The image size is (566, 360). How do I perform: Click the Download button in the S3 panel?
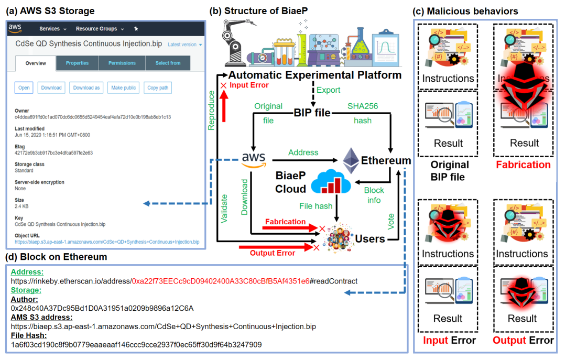51,88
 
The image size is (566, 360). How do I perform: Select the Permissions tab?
122,63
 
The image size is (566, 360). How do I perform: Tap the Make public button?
123,88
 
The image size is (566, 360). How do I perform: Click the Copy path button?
157,88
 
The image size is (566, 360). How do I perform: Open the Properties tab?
77,63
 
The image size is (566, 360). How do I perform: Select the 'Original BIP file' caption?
449,171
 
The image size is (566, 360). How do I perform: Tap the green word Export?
329,90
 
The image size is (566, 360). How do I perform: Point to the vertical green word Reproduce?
211,111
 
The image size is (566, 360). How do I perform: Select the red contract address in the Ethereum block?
220,281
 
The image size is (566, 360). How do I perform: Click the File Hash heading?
29,335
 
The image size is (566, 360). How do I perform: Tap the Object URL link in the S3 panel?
107,242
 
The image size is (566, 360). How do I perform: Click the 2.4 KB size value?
21,206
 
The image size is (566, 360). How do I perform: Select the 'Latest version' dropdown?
184,45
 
